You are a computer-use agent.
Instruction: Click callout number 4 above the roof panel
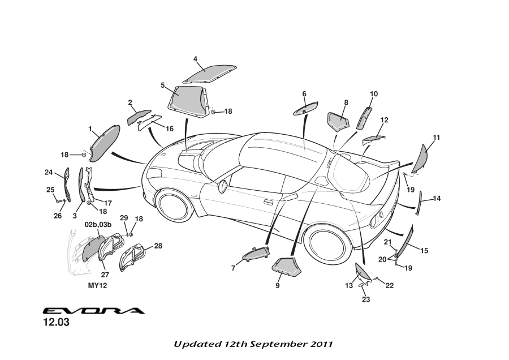pos(195,59)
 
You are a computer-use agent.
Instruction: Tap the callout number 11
pos(436,138)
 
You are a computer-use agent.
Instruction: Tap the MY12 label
pos(97,286)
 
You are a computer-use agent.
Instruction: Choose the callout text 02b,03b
pos(98,225)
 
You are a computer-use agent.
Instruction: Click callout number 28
pos(158,246)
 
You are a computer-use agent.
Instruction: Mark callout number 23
pos(366,299)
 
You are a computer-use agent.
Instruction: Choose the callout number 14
pos(437,199)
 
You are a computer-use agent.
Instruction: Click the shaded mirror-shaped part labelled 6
pos(306,109)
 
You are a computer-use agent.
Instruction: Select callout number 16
pos(169,128)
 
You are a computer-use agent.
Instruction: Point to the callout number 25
pos(50,190)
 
